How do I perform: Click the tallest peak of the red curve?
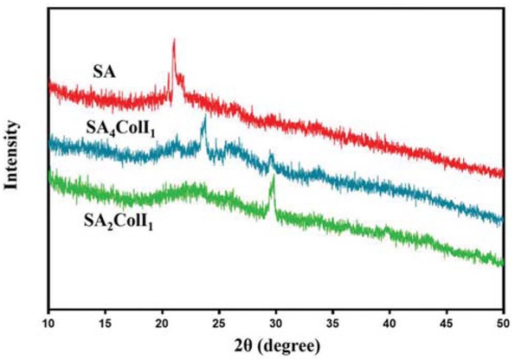point(174,41)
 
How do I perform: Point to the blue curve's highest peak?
point(204,117)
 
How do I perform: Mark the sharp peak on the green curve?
point(274,177)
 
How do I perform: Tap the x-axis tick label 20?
point(163,323)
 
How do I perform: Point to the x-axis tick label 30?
point(276,323)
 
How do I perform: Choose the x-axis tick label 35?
point(333,323)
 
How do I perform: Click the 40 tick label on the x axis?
point(389,323)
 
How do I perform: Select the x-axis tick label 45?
point(447,323)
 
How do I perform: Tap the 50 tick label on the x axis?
point(503,323)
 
